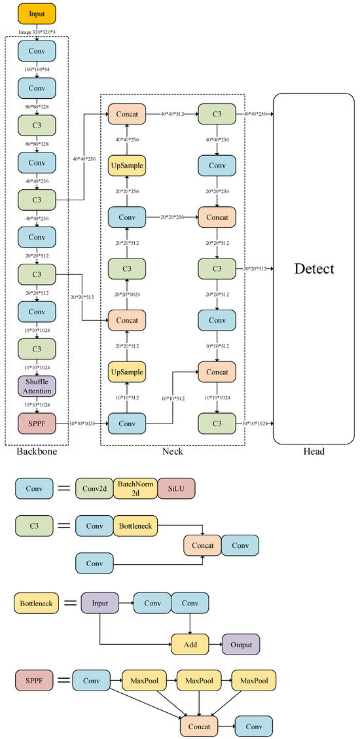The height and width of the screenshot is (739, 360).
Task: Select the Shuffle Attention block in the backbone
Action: click(x=37, y=386)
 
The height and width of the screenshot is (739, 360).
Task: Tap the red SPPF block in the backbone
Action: click(x=37, y=423)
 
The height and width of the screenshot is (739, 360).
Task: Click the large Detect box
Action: click(x=314, y=268)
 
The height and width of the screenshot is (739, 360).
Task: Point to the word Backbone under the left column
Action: click(x=37, y=452)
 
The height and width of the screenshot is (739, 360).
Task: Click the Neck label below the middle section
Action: click(x=173, y=452)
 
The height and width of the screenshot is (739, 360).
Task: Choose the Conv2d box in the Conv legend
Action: click(x=94, y=488)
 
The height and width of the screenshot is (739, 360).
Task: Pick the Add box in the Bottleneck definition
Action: click(x=190, y=644)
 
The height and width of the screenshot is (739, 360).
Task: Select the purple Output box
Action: click(x=241, y=644)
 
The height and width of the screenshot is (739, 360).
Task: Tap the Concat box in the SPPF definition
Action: click(x=198, y=727)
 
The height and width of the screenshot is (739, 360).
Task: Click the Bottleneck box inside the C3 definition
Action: click(x=135, y=525)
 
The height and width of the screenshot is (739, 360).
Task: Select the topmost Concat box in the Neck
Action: click(x=127, y=113)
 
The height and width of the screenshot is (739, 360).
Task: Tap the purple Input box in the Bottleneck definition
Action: click(x=100, y=603)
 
